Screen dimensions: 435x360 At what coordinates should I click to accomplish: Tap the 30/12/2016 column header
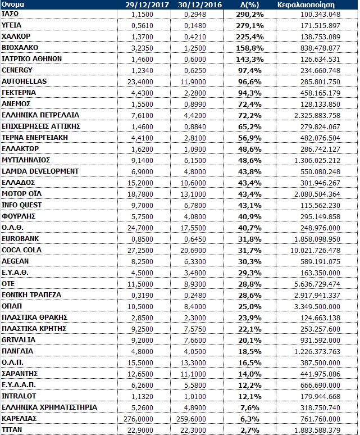pos(197,4)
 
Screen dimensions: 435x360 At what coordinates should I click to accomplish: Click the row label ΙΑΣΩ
pos(11,13)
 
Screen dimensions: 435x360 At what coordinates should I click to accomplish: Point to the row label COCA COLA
pos(22,250)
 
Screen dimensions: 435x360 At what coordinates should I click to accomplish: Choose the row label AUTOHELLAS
pos(25,81)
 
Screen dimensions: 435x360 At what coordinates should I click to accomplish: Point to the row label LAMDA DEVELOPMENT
pos(40,171)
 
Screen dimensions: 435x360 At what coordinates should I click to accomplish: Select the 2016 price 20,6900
pos(203,250)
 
